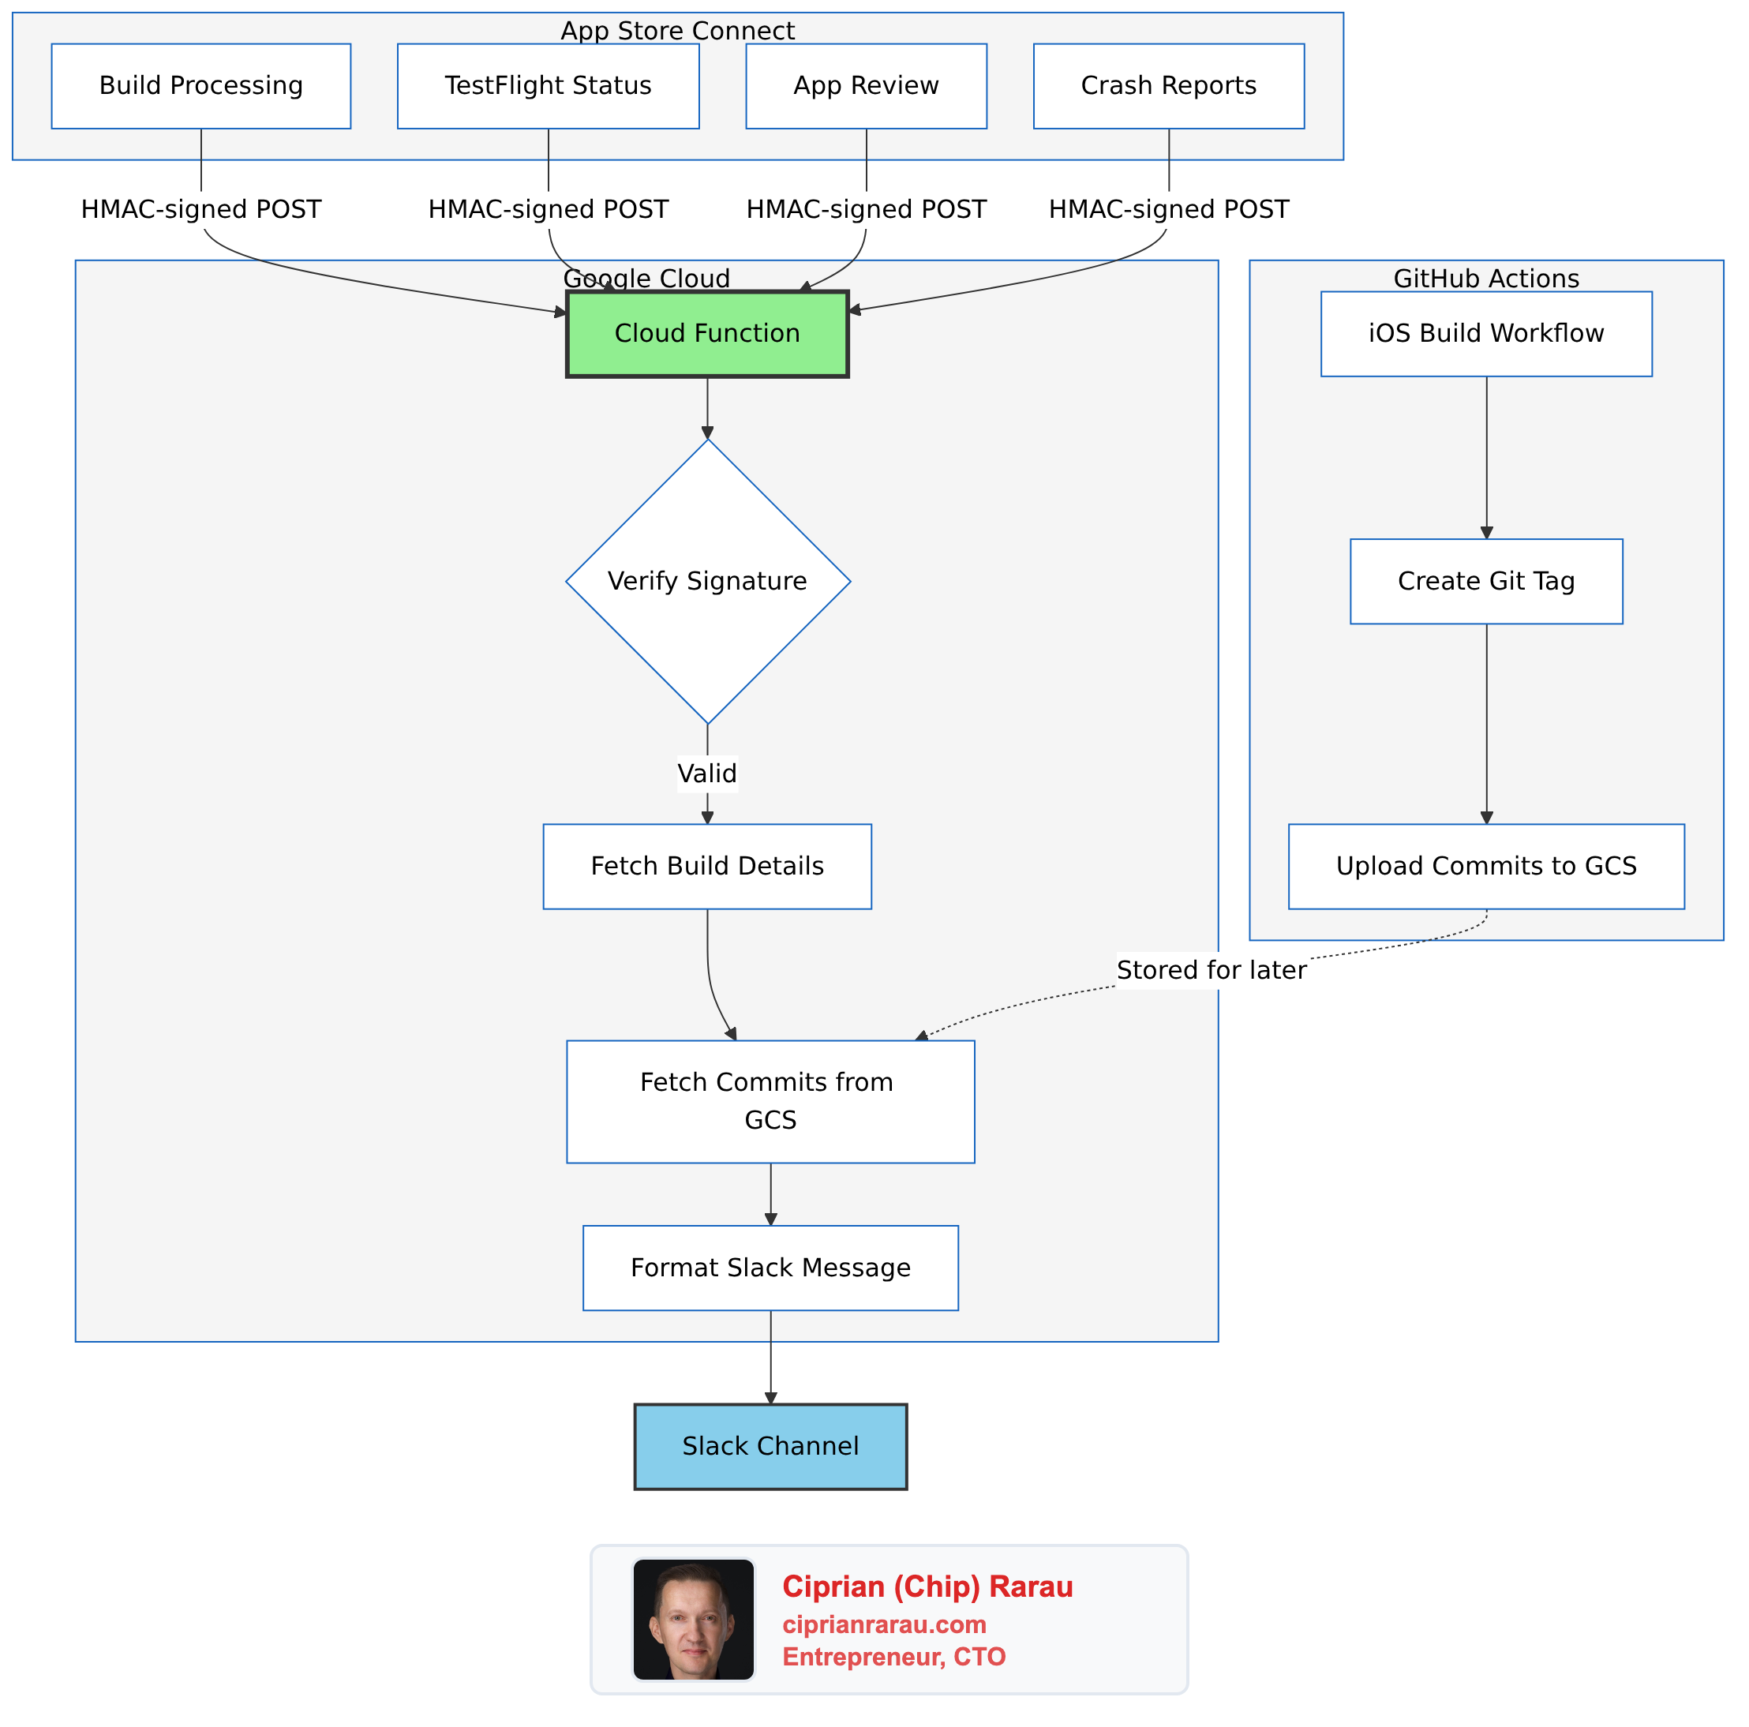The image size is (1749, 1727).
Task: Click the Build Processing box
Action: [201, 86]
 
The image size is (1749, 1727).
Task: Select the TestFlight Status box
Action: [548, 86]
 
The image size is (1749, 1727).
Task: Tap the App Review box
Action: [866, 86]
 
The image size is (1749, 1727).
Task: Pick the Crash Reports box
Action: [1168, 86]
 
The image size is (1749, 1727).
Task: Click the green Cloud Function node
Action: [707, 333]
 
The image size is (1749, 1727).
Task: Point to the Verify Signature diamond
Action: [707, 581]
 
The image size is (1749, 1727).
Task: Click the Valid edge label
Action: [707, 773]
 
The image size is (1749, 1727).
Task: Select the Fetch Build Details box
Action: [707, 865]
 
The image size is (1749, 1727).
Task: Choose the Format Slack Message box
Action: [770, 1267]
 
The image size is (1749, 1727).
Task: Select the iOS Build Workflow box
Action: [1485, 333]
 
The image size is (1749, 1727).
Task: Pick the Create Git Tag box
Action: [1485, 581]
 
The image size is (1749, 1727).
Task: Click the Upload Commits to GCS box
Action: [1485, 865]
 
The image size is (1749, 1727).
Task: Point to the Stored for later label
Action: [1211, 970]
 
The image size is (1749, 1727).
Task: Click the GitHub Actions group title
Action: [1485, 278]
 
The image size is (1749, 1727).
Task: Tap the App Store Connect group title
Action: [677, 31]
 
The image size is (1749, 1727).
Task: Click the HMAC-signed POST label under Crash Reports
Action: [1168, 209]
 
